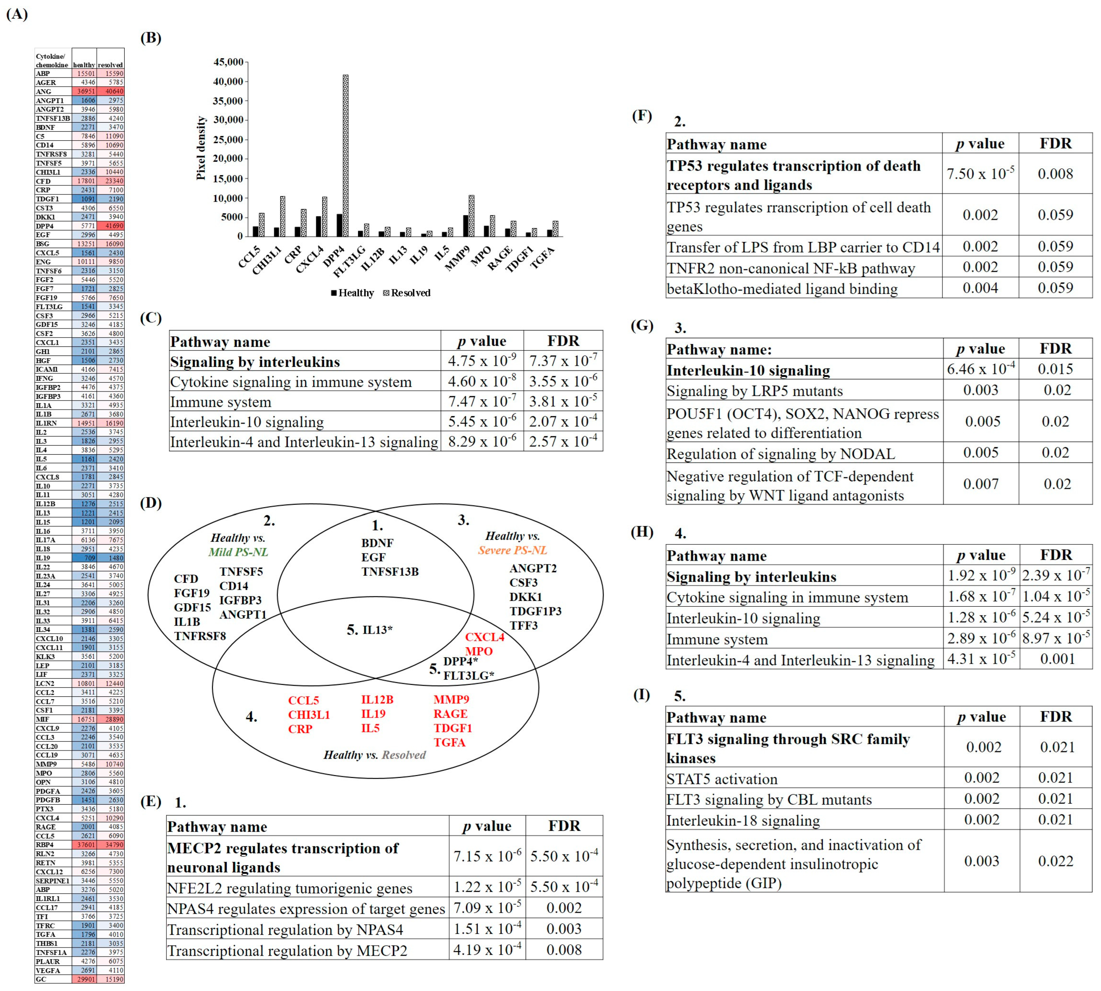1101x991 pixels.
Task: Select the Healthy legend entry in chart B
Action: tap(352, 293)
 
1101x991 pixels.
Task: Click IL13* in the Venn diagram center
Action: tap(377, 630)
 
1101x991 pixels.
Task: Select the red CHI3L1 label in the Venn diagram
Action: tap(309, 714)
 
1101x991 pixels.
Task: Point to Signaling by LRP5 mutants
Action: tap(754, 391)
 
